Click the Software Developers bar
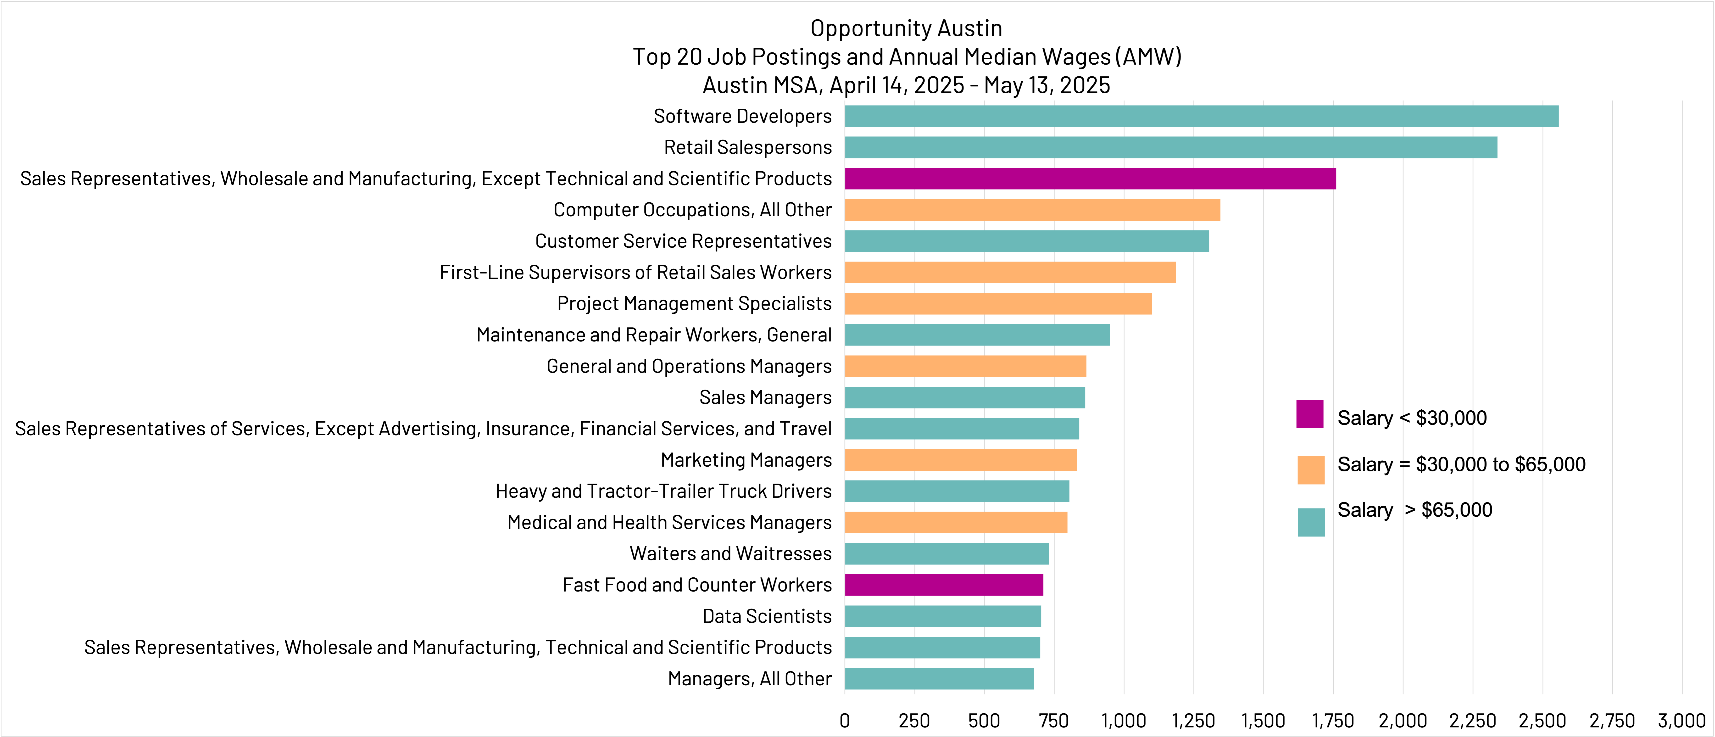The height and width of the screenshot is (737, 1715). point(1201,117)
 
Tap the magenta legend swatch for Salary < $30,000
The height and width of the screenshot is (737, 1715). point(1309,414)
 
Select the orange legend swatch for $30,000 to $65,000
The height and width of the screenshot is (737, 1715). point(1310,470)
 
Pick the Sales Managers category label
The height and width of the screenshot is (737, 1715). point(765,397)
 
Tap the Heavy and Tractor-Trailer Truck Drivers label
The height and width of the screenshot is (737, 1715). point(663,491)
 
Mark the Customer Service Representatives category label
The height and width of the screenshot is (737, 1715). point(683,241)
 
